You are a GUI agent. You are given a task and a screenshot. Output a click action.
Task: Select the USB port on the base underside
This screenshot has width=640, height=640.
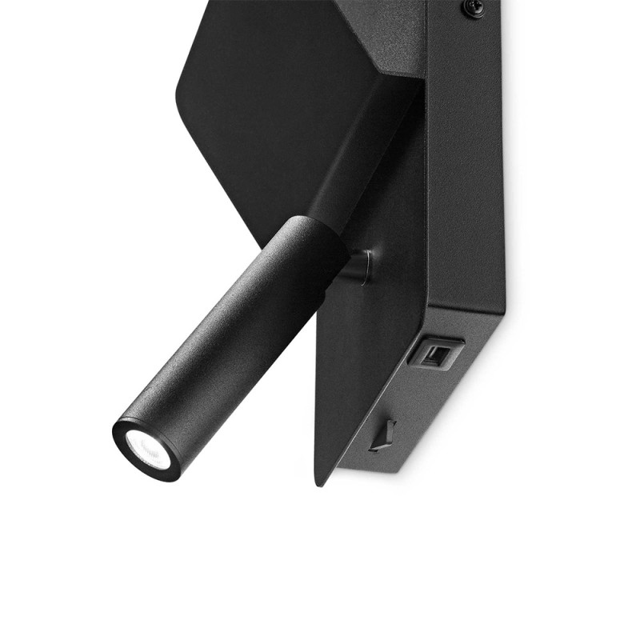(435, 353)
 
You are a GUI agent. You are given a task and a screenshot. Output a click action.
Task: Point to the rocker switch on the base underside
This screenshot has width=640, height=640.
(383, 436)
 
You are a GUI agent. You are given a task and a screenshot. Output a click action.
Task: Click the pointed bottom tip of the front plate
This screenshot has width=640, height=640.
(321, 481)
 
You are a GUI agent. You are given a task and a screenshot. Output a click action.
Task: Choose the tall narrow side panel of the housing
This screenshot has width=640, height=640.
(464, 160)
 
